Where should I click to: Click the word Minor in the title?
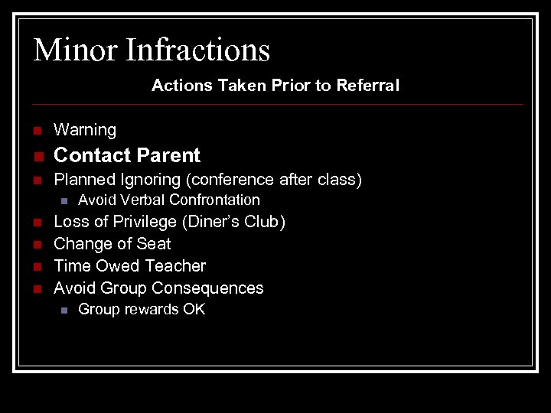coord(75,50)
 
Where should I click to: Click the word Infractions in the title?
coord(197,50)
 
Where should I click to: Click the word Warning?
coord(85,131)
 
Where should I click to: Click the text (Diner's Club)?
coord(240,223)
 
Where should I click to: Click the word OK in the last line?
coord(194,310)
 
